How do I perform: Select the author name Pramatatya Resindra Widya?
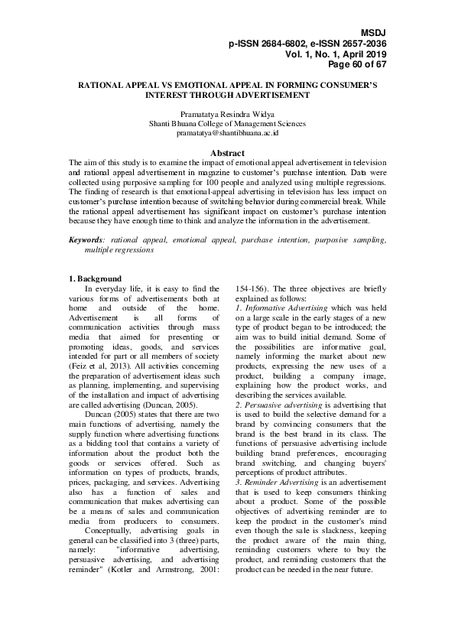[227, 113]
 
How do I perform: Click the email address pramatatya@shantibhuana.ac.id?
[227, 132]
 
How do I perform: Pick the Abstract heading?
[227, 153]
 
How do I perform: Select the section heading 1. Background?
[95, 278]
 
